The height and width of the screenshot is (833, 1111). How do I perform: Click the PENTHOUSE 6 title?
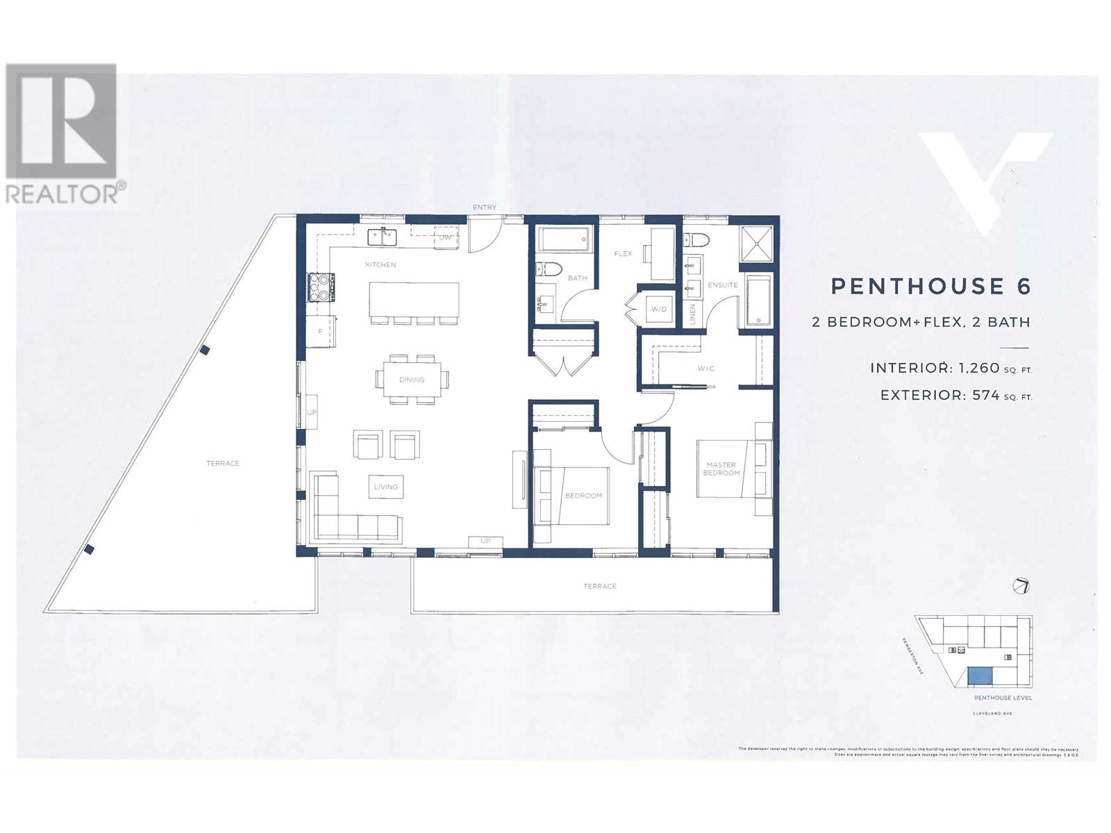pyautogui.click(x=930, y=286)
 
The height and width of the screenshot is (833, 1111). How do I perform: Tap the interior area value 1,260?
pyautogui.click(x=978, y=368)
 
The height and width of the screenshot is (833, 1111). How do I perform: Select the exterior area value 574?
pyautogui.click(x=985, y=395)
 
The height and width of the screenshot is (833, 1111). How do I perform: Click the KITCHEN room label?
pyautogui.click(x=381, y=264)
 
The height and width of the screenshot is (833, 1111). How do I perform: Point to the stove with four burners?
pyautogui.click(x=319, y=287)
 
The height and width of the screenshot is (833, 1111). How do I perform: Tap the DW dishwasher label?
pyautogui.click(x=445, y=237)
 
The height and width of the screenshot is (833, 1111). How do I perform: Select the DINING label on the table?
pyautogui.click(x=412, y=380)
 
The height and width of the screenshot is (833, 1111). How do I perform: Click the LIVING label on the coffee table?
pyautogui.click(x=386, y=487)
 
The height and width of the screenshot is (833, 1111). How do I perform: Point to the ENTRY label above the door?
pyautogui.click(x=484, y=208)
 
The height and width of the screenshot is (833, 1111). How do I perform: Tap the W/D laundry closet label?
pyautogui.click(x=658, y=309)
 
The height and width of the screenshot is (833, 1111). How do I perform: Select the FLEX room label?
pyautogui.click(x=623, y=253)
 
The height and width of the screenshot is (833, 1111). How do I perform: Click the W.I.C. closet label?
pyautogui.click(x=706, y=369)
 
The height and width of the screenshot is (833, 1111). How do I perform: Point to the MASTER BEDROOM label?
pyautogui.click(x=721, y=469)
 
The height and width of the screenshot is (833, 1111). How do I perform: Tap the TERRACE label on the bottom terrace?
pyautogui.click(x=600, y=587)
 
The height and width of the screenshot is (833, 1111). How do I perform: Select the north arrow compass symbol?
pyautogui.click(x=1021, y=587)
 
